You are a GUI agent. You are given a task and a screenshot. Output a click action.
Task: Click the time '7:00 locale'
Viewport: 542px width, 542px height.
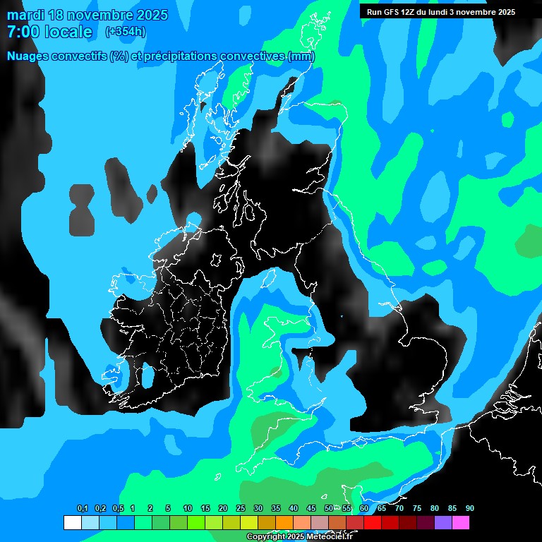[49, 32]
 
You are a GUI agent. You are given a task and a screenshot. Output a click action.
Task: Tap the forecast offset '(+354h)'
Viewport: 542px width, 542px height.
[125, 32]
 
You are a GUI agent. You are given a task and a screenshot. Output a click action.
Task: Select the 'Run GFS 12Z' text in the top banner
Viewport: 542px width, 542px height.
[391, 12]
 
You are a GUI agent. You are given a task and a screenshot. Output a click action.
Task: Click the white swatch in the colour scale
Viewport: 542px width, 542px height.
[72, 522]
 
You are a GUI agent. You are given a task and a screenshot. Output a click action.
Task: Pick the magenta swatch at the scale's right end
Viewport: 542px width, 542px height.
[460, 522]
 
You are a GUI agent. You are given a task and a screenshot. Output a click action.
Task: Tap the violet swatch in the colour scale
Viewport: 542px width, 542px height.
[442, 522]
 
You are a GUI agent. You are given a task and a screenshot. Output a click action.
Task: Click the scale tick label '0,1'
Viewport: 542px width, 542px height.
[83, 509]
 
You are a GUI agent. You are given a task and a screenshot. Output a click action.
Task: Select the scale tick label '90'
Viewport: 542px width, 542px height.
[470, 509]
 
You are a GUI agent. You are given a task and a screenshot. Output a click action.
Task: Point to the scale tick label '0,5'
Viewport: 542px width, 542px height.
[118, 509]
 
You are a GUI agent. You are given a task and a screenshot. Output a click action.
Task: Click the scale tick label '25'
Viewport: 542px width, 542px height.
[240, 509]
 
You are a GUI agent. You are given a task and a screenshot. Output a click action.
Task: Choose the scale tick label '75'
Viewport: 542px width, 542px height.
[416, 509]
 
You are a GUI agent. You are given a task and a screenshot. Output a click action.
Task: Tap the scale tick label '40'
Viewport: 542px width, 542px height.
[293, 509]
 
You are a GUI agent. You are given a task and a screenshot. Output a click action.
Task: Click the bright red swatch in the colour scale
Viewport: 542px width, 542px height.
[372, 522]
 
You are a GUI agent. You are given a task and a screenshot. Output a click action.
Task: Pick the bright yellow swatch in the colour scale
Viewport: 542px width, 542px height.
[248, 522]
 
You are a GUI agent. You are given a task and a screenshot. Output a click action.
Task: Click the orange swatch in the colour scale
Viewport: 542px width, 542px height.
[284, 522]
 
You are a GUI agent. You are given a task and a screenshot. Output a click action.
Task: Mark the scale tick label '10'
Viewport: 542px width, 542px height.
[187, 509]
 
